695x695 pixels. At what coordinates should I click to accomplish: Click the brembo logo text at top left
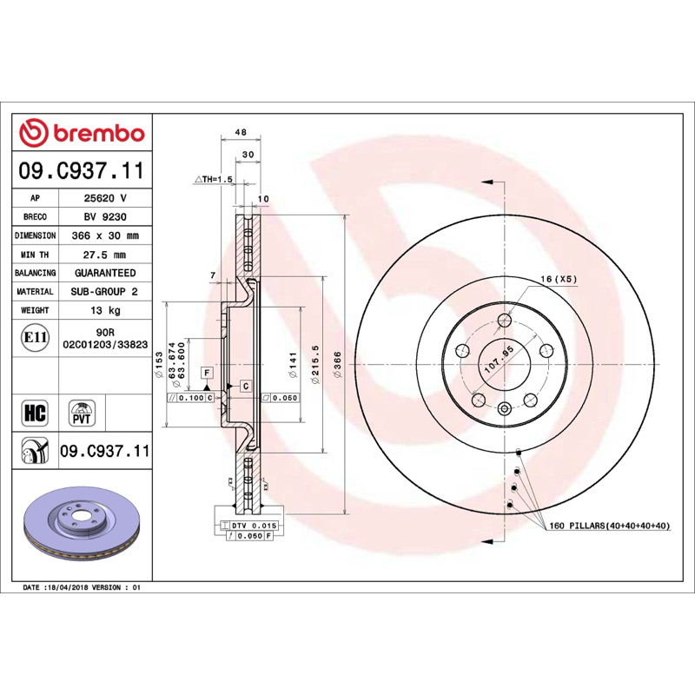[99, 134]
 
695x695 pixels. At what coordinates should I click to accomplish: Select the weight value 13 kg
[105, 310]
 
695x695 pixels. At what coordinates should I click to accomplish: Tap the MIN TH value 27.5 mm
[105, 255]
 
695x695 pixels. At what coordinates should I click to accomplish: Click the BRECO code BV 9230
[105, 216]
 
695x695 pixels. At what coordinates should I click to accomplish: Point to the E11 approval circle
[36, 338]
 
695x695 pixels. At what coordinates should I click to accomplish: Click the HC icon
[35, 414]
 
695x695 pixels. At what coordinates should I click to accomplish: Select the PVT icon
[82, 414]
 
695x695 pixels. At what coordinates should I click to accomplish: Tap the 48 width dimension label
[241, 132]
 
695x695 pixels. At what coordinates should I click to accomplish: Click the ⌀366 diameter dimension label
[338, 364]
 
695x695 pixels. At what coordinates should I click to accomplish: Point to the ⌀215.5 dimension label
[315, 364]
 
